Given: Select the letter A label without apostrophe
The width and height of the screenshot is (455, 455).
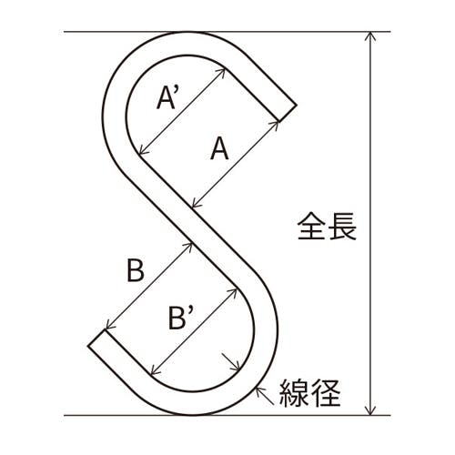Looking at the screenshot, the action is pos(219,148).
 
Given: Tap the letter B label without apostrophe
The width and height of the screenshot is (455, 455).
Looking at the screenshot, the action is pos(136,270).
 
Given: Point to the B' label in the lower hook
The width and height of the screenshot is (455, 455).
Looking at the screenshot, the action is pos(181,318).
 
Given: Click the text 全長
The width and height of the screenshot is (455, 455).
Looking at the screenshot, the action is pos(327,227).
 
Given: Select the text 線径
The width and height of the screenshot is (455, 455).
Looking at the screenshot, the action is pos(309,393).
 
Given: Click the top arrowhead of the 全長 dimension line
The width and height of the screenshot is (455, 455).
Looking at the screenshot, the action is pos(370,35).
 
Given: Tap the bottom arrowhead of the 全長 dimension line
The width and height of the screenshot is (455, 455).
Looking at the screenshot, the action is pos(370,410).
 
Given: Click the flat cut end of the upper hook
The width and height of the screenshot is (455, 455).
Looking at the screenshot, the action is pos(288,114).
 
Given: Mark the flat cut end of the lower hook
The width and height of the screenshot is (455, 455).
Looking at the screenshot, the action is pos(96,338).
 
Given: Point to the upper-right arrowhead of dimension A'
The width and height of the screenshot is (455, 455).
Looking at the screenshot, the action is pos(220,73).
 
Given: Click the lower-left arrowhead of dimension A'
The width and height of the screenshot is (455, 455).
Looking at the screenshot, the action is pos(143,151).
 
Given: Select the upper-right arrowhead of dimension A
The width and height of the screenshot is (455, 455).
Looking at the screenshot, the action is pos(275,126).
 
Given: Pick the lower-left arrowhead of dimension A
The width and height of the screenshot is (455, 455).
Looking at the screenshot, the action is pos(197,204).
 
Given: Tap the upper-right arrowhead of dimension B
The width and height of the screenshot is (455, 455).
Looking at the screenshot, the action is pos(188,247).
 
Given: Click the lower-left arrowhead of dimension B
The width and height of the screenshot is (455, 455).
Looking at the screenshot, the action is pos(110,325).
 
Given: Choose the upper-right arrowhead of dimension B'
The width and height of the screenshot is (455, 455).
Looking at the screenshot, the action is pos(232,293).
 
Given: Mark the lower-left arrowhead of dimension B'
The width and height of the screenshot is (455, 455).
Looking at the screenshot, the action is pos(155,369).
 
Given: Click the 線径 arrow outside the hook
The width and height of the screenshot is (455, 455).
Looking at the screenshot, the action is pos(265,396).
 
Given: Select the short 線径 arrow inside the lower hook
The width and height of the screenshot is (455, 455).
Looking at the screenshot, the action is pos(231,361).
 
